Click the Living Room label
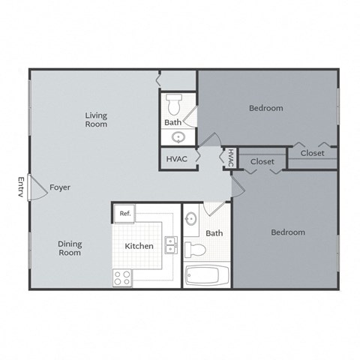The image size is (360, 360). point(96,119)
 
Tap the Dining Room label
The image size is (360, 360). point(70,248)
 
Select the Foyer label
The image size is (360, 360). point(60,187)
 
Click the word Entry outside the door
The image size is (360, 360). point(21,187)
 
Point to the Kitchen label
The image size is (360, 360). point(139,246)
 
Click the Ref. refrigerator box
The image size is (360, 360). point(124,214)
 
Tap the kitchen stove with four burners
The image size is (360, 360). point(122,277)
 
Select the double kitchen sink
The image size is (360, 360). point(171,245)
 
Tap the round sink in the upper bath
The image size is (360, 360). point(178,136)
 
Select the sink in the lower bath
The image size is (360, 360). point(190,220)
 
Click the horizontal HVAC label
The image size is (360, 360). point(176,158)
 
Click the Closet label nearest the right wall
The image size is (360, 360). point(312,153)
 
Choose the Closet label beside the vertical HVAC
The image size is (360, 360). point(262,161)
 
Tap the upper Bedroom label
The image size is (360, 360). point(266,108)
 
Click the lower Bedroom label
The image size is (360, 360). point(287,232)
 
